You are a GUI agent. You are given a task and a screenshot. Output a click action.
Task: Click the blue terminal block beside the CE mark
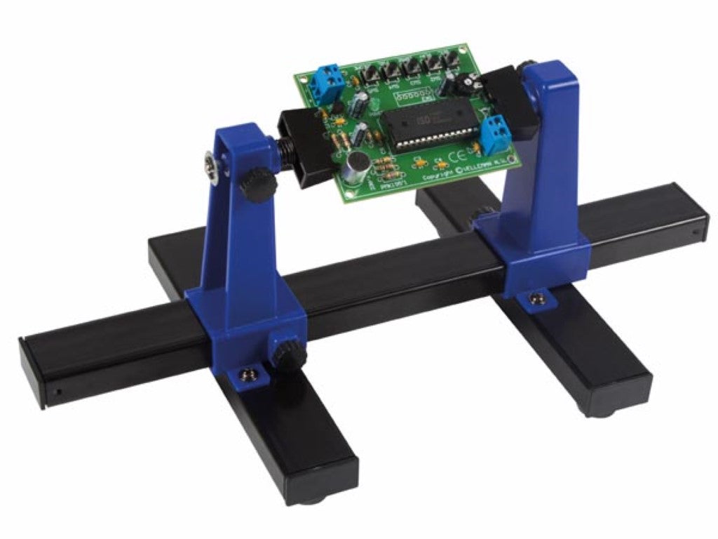point(494,130)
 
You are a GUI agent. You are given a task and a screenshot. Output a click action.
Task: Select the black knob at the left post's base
point(285,350)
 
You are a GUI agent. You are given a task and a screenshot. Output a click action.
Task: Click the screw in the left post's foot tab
point(246,374)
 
